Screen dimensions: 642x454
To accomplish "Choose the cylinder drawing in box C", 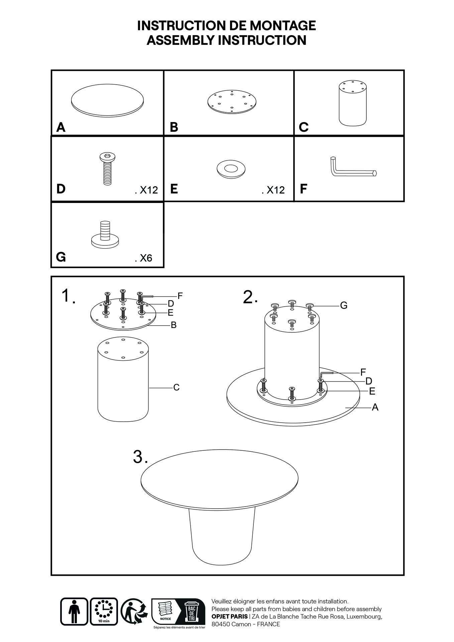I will (x=353, y=103).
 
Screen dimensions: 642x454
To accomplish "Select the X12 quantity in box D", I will (x=146, y=190).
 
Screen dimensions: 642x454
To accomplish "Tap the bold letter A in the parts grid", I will (x=61, y=127).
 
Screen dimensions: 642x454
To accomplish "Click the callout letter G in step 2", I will (x=343, y=305).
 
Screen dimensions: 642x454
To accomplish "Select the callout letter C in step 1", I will (x=176, y=387).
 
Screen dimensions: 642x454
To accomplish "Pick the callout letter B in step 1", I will (x=174, y=325).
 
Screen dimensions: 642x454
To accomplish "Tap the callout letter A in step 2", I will (x=375, y=407).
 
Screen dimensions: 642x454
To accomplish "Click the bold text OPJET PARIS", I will (x=229, y=616).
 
